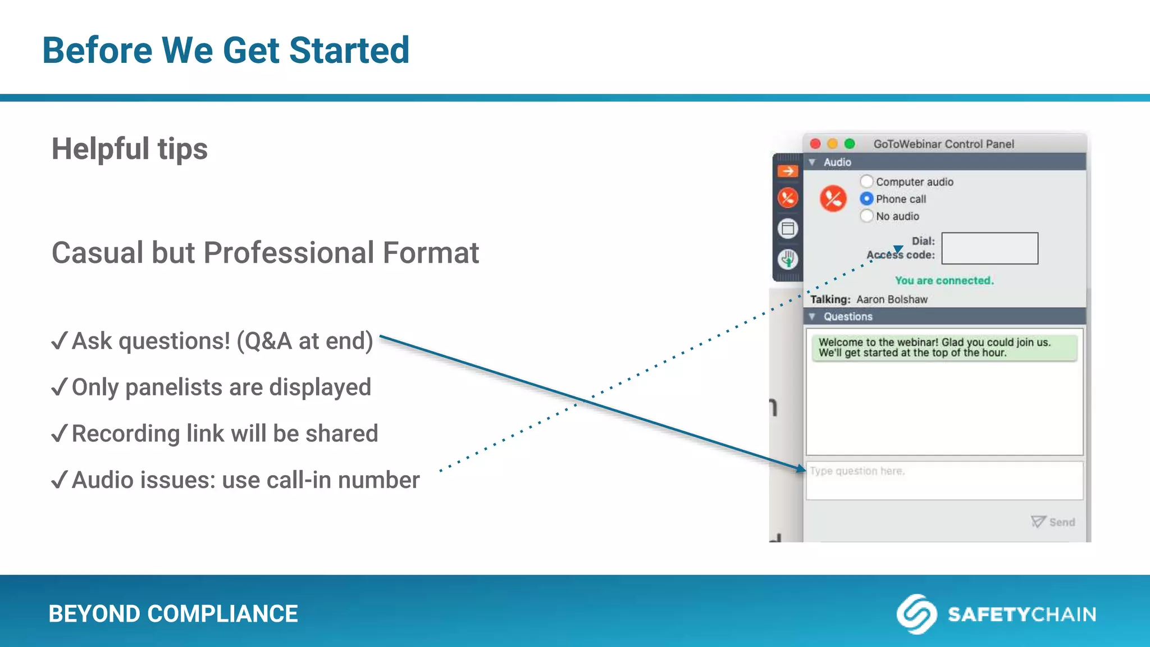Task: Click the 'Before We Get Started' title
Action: (x=226, y=50)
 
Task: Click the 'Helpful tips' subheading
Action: (x=130, y=149)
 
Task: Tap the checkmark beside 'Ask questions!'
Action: (x=59, y=340)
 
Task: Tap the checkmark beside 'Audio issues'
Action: (x=59, y=480)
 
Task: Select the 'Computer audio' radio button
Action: (x=867, y=181)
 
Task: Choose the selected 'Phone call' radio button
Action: (x=867, y=199)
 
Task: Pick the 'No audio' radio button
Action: (x=867, y=216)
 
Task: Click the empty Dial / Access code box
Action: (x=989, y=248)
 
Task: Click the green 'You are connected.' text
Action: (x=944, y=280)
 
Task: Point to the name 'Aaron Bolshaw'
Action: (x=892, y=299)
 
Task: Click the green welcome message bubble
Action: (x=944, y=348)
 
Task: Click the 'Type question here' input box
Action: (x=944, y=480)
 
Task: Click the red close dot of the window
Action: (x=815, y=144)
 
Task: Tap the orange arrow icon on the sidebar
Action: (x=788, y=171)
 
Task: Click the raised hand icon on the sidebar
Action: (x=788, y=259)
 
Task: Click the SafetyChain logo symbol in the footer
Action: (x=916, y=614)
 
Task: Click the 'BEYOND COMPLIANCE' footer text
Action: (x=173, y=614)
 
